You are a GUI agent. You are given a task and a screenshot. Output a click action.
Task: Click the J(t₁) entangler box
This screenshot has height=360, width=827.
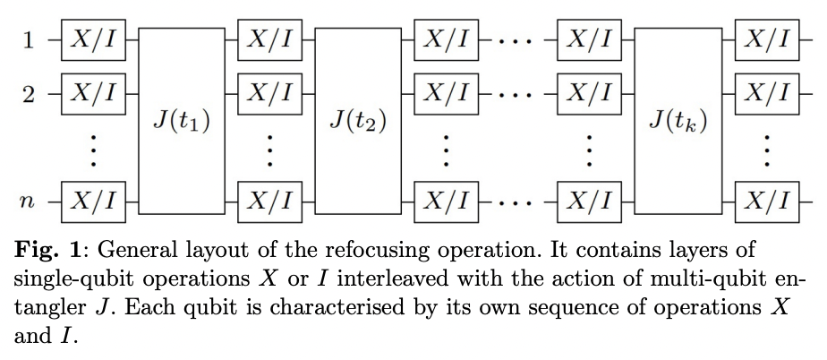click(x=183, y=119)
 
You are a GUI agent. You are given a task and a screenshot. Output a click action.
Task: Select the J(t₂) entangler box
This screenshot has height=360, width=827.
click(x=358, y=119)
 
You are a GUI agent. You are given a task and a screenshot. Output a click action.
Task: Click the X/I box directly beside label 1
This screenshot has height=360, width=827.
click(x=94, y=40)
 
